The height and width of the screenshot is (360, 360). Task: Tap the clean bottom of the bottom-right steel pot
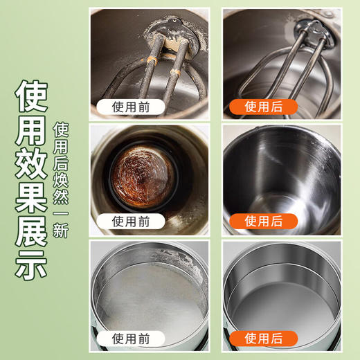pos(282,305)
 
